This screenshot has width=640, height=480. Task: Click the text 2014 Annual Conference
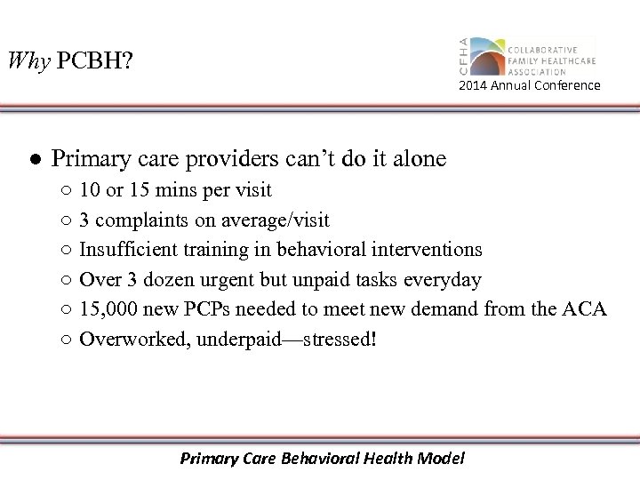(x=529, y=85)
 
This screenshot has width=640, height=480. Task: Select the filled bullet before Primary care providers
(x=31, y=159)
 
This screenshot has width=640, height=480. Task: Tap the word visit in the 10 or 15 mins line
(x=252, y=190)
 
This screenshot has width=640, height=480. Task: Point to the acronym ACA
(x=586, y=309)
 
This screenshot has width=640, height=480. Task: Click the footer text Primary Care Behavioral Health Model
(x=322, y=459)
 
